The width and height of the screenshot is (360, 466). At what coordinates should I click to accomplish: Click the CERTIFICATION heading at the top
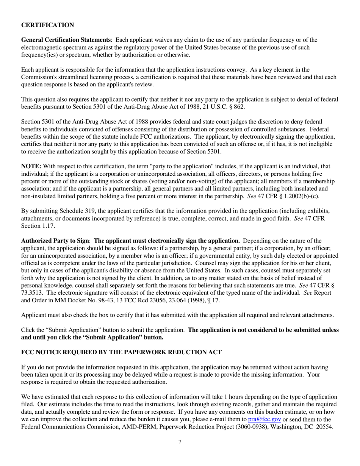point(47,25)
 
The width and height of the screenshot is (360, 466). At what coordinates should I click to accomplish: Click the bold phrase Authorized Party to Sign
point(55,241)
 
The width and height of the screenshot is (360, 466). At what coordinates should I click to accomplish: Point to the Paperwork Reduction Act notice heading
point(121,352)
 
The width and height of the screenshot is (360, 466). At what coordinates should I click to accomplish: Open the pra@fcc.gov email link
point(265,419)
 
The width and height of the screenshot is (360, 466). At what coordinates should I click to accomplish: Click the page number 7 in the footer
point(180,441)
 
